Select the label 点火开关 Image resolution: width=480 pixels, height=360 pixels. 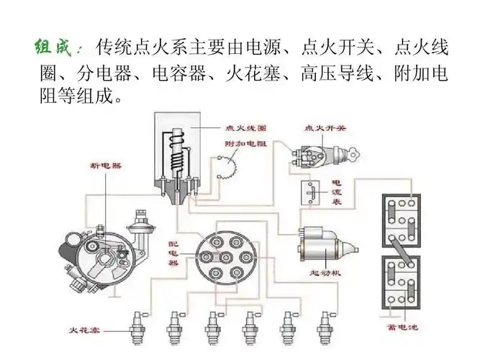click(x=326, y=127)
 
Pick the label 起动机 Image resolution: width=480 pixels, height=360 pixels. click(x=325, y=273)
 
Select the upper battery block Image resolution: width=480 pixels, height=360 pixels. click(x=400, y=220)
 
